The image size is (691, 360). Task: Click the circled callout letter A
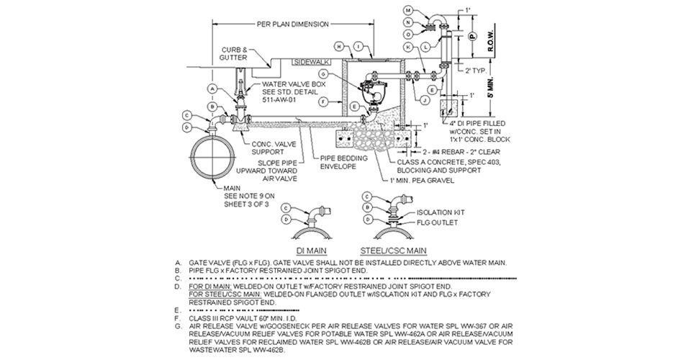212,88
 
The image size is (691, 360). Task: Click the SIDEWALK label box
311,62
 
